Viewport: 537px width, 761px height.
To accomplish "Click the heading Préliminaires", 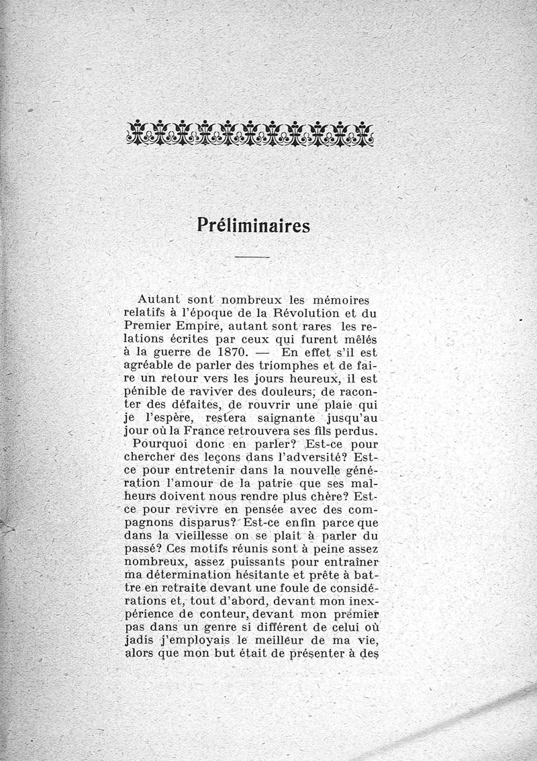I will click(x=254, y=225).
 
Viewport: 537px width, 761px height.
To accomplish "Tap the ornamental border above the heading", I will click(x=250, y=132).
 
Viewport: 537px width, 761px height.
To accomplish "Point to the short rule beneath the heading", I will click(x=252, y=258).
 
